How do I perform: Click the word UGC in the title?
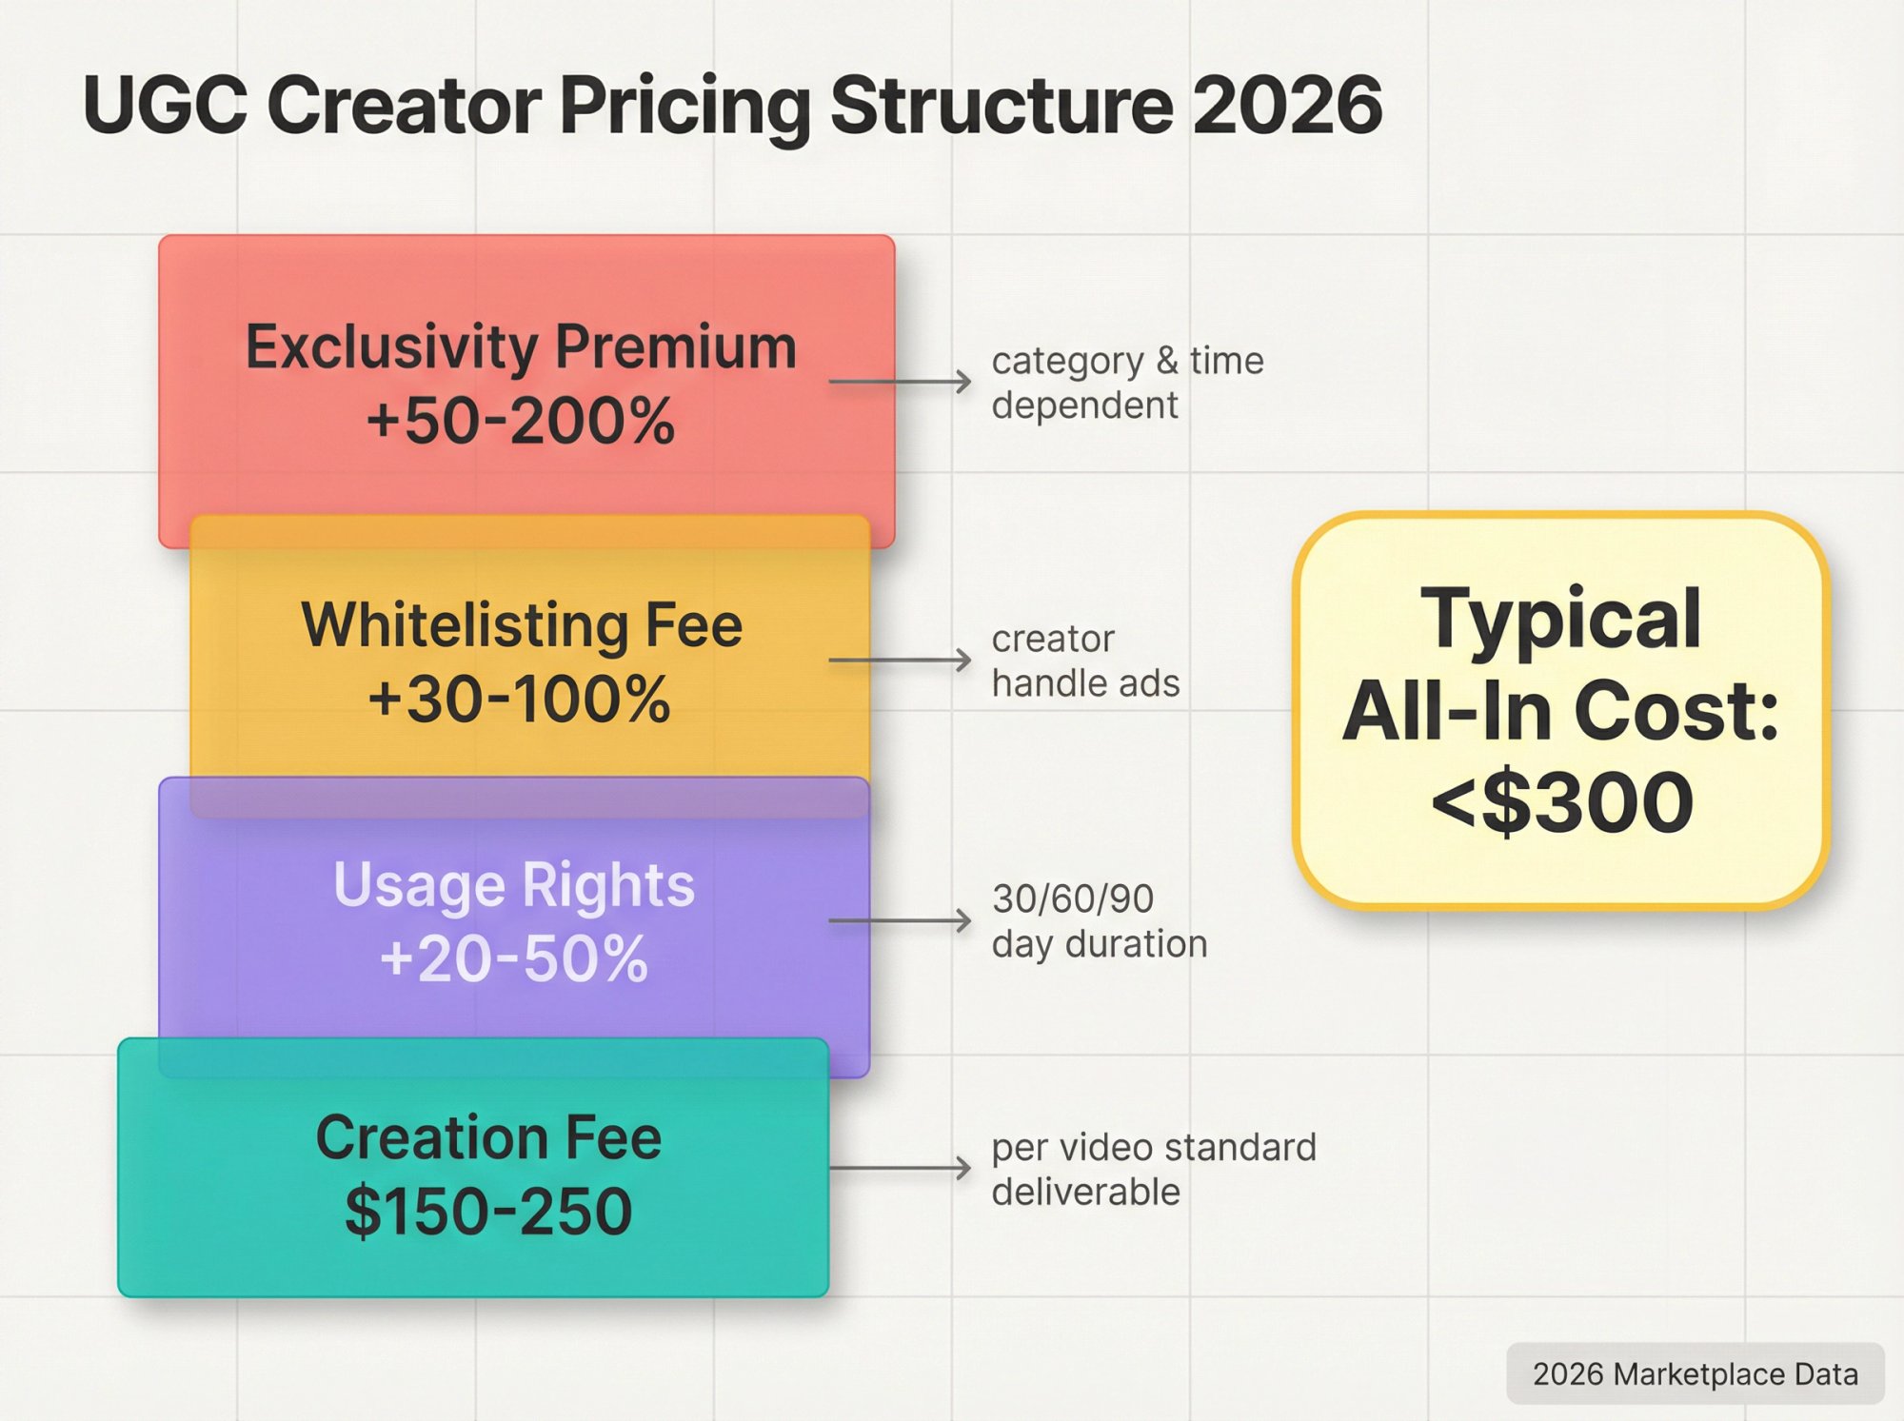(x=164, y=105)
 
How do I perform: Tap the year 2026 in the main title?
(x=1286, y=105)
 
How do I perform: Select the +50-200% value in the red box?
(x=521, y=421)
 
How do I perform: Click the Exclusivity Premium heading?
(x=521, y=346)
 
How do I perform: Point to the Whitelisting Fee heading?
(x=521, y=625)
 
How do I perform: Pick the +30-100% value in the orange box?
(x=520, y=700)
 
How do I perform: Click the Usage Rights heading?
(x=514, y=885)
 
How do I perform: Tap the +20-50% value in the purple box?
(x=514, y=958)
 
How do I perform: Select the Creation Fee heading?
(x=488, y=1137)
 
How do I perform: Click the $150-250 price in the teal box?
(x=488, y=1212)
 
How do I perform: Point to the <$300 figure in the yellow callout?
(x=1562, y=802)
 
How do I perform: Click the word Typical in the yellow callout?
(x=1561, y=619)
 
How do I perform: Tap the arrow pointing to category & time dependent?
(x=900, y=382)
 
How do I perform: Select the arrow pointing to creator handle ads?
(x=900, y=660)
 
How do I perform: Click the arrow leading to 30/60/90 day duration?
(x=900, y=920)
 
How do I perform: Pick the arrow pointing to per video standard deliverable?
(x=900, y=1168)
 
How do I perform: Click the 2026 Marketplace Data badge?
(x=1695, y=1373)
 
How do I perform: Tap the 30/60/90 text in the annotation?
(x=1073, y=898)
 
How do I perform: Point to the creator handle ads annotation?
(x=1085, y=661)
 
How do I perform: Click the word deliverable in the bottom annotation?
(x=1085, y=1192)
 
